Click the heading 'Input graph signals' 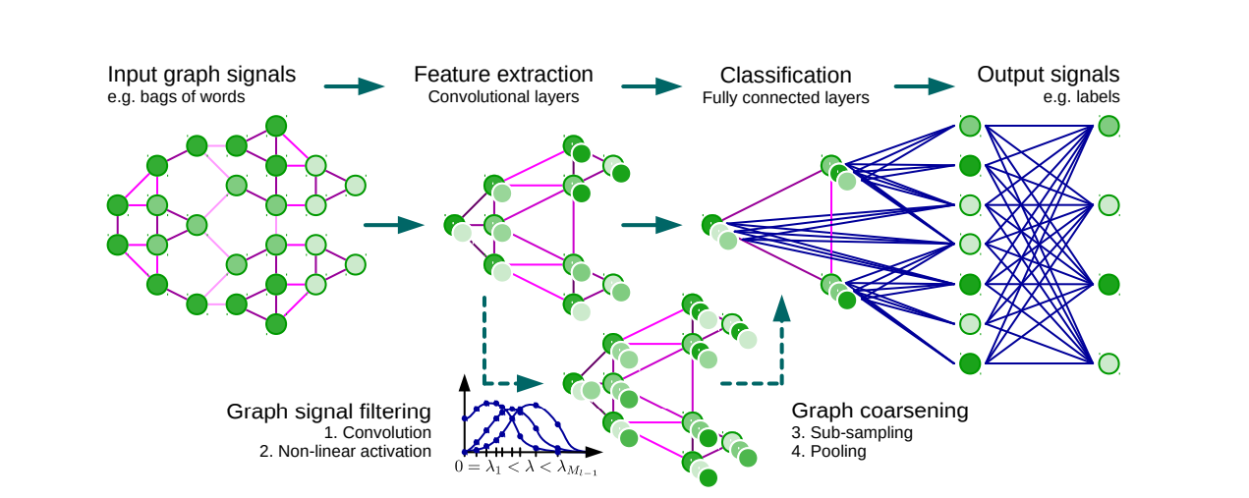coord(201,76)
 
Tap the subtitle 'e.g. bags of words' coord(176,97)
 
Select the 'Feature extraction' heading coord(503,76)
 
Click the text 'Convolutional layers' coord(503,97)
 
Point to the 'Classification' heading coord(785,76)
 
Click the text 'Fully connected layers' coord(785,97)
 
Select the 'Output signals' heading coord(1048,76)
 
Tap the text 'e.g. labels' coord(1081,97)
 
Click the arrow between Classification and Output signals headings coord(924,86)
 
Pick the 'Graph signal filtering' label coord(328,412)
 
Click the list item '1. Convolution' coord(376,432)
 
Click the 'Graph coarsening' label coord(880,412)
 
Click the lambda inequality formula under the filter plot coord(525,469)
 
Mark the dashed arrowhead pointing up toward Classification coord(782,308)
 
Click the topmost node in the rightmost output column coord(1108,126)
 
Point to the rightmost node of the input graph coord(356,185)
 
